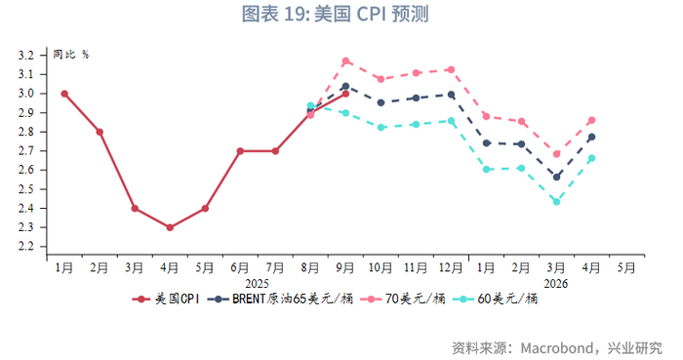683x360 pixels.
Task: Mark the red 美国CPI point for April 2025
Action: [170, 227]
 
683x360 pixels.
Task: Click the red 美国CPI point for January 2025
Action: [64, 94]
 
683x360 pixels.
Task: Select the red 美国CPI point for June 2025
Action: [240, 151]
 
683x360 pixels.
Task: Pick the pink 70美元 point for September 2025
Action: [345, 61]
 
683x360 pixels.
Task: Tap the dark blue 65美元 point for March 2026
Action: [556, 177]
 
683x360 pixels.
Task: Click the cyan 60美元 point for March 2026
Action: [556, 202]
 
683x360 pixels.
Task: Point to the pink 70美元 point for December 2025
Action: [451, 69]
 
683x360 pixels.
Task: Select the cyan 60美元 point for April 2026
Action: [591, 158]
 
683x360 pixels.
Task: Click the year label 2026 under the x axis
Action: [556, 283]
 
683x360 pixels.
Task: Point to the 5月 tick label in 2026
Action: [626, 267]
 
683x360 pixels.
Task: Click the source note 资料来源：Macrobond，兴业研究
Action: [556, 346]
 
